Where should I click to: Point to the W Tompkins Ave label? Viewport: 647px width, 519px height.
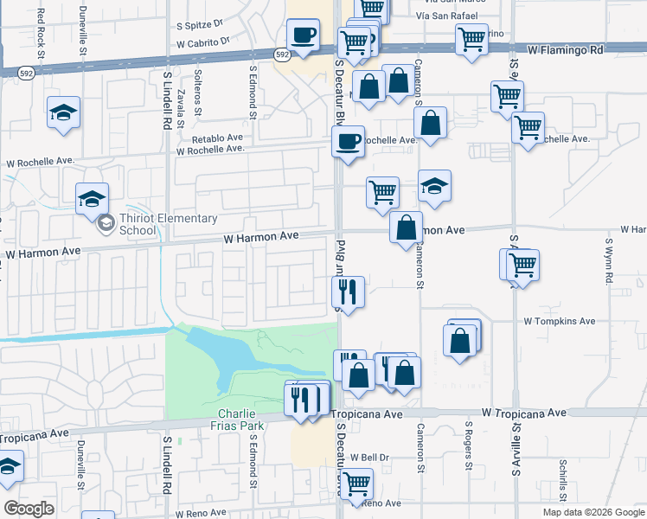pos(560,321)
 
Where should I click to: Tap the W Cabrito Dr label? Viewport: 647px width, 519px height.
pos(202,42)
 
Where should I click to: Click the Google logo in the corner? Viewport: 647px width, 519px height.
pos(29,508)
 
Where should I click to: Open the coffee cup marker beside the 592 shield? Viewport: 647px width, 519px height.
pos(303,35)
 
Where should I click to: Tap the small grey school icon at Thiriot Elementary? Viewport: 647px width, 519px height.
pos(106,224)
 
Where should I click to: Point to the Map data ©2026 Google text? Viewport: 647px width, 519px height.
pos(593,512)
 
